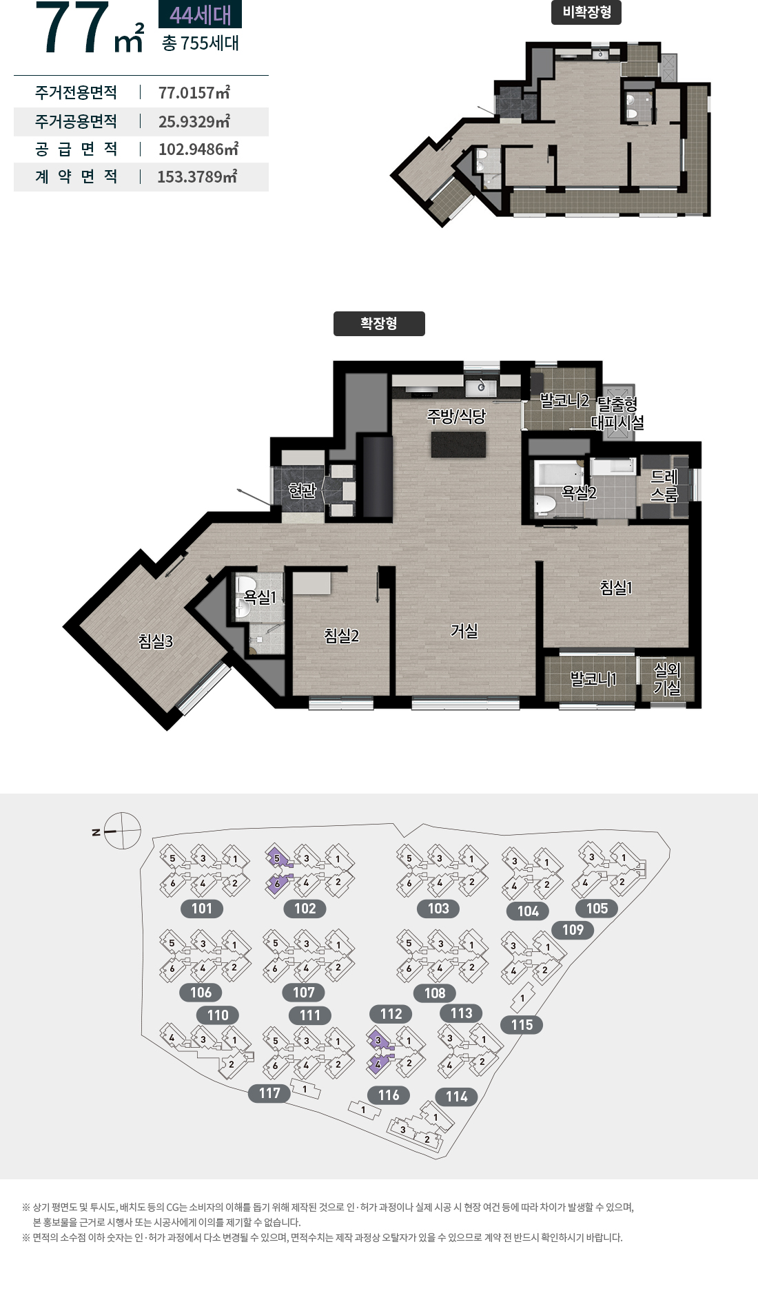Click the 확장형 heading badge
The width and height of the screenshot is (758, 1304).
(x=379, y=324)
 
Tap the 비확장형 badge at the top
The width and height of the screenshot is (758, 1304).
(x=586, y=12)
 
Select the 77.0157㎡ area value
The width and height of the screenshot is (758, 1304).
(x=194, y=93)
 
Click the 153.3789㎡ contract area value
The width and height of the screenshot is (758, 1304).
(x=197, y=177)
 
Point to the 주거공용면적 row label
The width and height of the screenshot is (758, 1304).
(x=76, y=122)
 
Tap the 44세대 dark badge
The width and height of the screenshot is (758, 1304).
(x=201, y=14)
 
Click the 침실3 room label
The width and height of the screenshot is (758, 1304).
(x=156, y=641)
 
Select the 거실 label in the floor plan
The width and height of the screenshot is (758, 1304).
(x=464, y=631)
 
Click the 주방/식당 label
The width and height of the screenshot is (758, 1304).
(x=456, y=416)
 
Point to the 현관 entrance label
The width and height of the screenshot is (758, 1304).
(x=302, y=490)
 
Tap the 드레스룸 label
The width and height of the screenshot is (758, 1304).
(x=665, y=486)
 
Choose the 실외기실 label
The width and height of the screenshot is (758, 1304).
(x=667, y=679)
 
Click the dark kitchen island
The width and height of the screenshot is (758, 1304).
(x=458, y=445)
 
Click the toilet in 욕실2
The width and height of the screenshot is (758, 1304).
(x=546, y=504)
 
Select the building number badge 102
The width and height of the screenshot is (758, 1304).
(x=305, y=909)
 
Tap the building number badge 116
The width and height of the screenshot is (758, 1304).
(x=389, y=1095)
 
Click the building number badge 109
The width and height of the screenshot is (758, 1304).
(x=573, y=930)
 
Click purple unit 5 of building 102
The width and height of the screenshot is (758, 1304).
(x=277, y=858)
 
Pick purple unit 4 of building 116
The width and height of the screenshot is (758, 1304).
(x=378, y=1064)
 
